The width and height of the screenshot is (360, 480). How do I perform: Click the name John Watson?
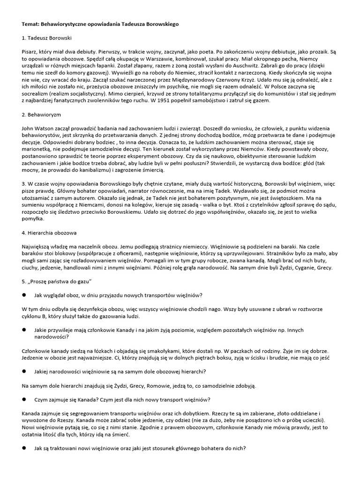37,128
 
